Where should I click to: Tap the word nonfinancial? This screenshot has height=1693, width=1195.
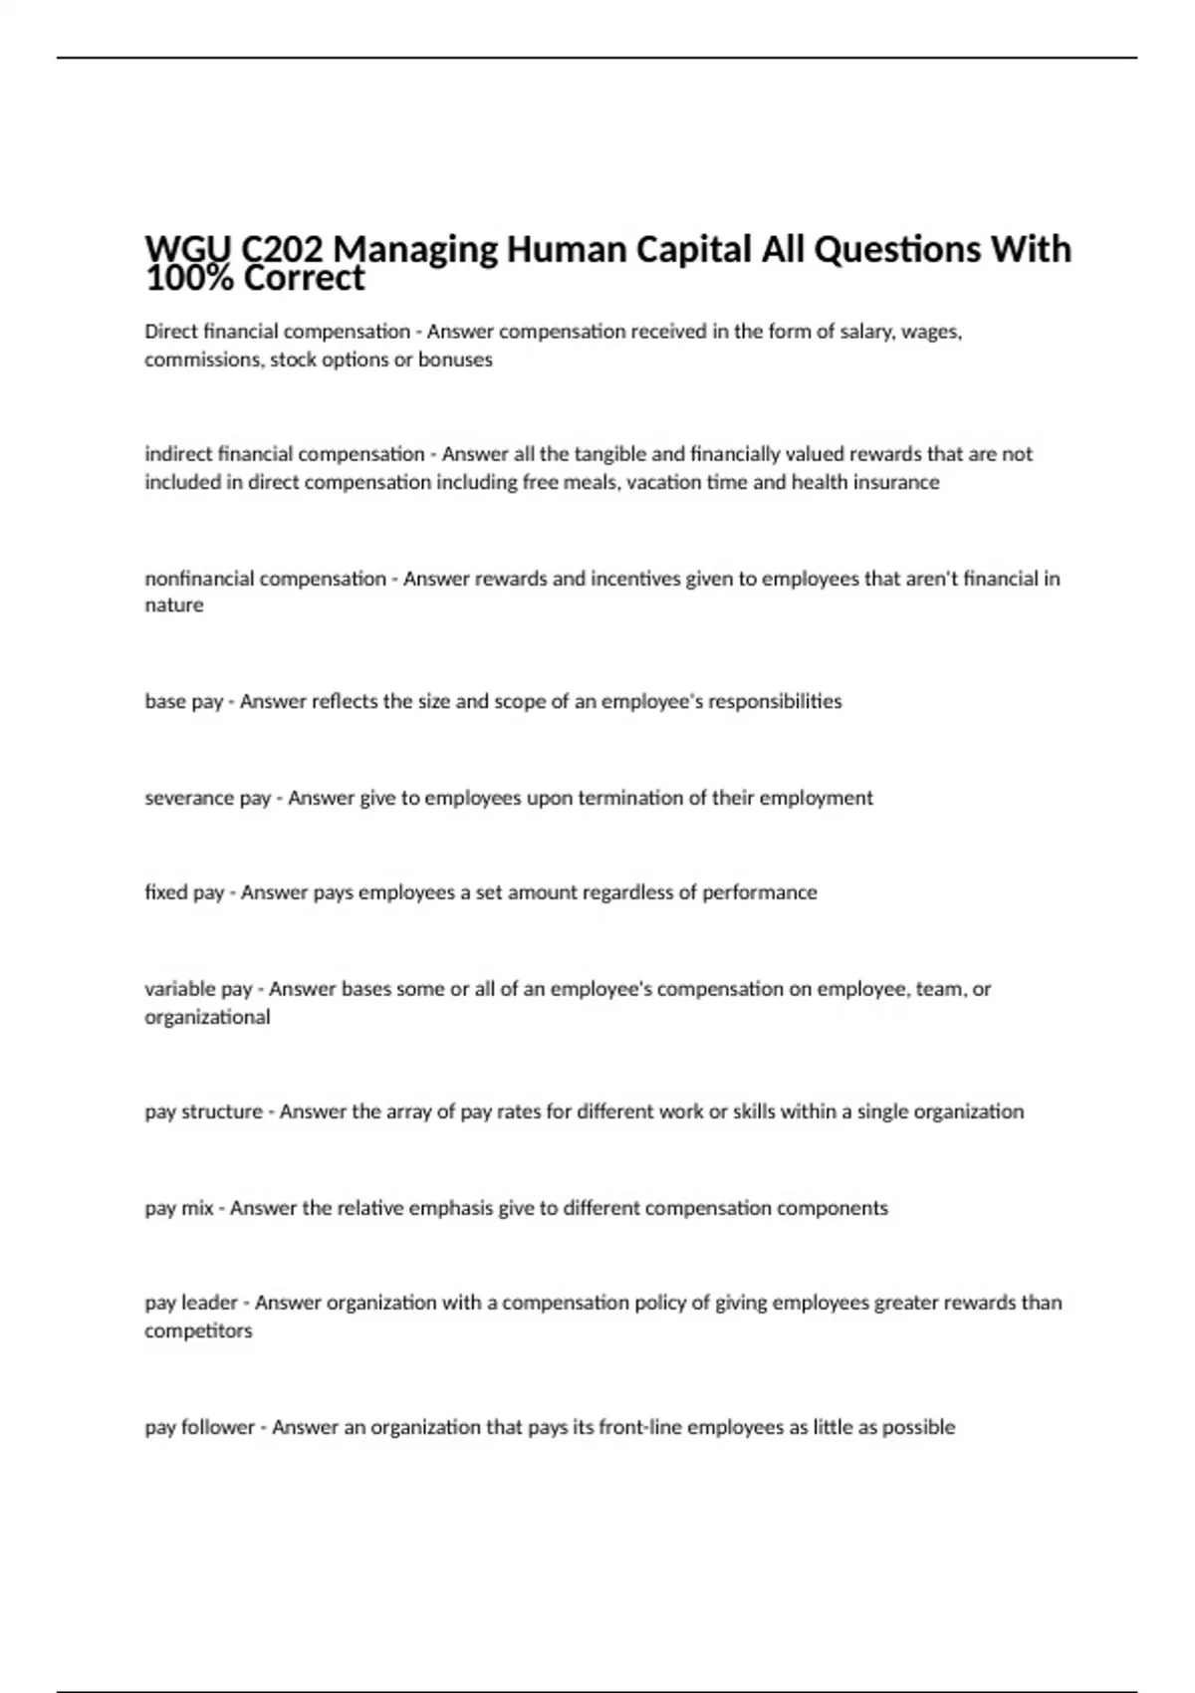click(199, 579)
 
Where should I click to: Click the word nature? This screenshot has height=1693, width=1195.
click(173, 605)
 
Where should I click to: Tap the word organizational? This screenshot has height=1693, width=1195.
click(207, 1017)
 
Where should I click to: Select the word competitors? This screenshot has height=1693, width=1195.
click(198, 1331)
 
